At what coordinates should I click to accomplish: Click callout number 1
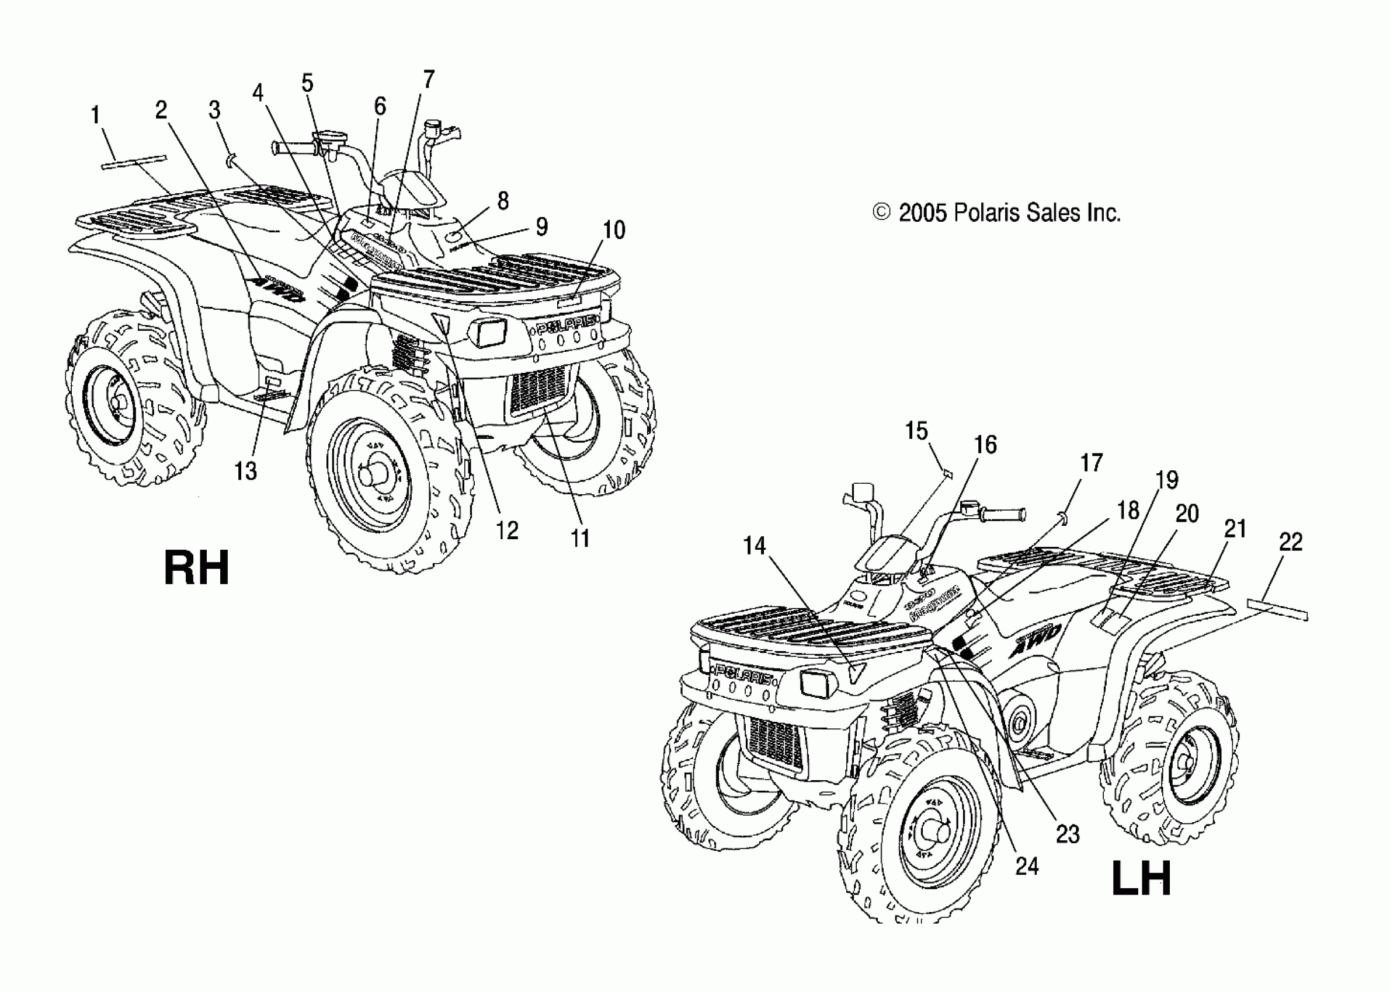pyautogui.click(x=95, y=115)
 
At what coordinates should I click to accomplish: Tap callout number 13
pyautogui.click(x=246, y=470)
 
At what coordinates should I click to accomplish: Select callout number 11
pyautogui.click(x=580, y=538)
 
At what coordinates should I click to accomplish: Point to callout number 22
pyautogui.click(x=1290, y=542)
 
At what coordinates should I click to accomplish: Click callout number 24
pyautogui.click(x=1027, y=865)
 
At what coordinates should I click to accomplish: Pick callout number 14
pyautogui.click(x=755, y=546)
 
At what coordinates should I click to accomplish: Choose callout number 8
pyautogui.click(x=503, y=201)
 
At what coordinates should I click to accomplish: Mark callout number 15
pyautogui.click(x=916, y=431)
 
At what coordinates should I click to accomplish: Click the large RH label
pyautogui.click(x=196, y=568)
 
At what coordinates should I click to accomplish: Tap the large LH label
pyautogui.click(x=1141, y=878)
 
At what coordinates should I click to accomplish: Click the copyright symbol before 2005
pyautogui.click(x=881, y=212)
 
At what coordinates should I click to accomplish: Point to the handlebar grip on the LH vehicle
pyautogui.click(x=1002, y=514)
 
